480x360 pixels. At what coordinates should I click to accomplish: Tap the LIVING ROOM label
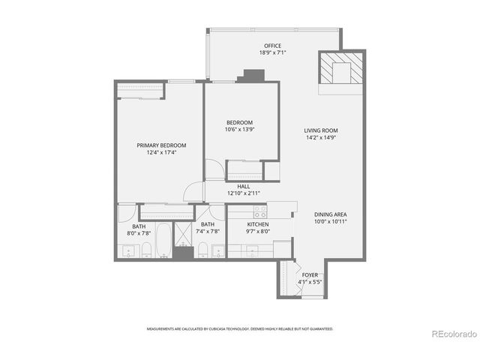320,130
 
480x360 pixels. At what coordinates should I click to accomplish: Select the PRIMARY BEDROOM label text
160,145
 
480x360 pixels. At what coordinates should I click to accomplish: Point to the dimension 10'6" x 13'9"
240,129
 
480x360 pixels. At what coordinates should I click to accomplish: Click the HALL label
244,186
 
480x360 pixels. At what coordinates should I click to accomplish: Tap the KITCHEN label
259,224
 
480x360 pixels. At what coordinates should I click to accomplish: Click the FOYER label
310,275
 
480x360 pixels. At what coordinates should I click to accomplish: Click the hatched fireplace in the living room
341,72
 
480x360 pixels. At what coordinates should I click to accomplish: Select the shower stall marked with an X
183,236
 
